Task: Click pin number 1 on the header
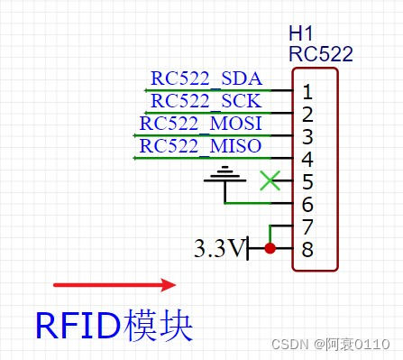tap(307, 92)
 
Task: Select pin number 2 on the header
tap(307, 115)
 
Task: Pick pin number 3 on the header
tap(307, 137)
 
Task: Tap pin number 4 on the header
tap(307, 160)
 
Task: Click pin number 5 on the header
tap(307, 182)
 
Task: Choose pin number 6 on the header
tap(307, 205)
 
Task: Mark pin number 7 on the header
tap(307, 227)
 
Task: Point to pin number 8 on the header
tap(307, 249)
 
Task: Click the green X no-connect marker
tap(269, 180)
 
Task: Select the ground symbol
tap(222, 177)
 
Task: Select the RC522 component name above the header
tap(320, 54)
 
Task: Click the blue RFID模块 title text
tap(114, 325)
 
